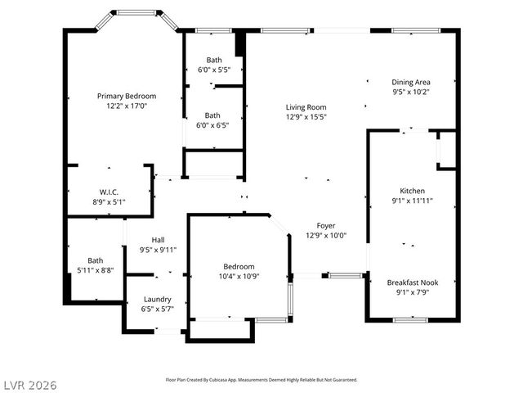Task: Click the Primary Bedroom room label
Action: [x=127, y=96]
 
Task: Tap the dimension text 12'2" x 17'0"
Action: [x=127, y=106]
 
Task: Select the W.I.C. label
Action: [x=109, y=192]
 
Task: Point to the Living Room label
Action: [x=306, y=107]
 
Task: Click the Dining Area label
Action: [x=411, y=82]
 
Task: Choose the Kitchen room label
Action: [x=412, y=190]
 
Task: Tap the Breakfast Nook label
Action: [x=412, y=282]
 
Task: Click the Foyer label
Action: [x=326, y=225]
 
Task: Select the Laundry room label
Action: [x=157, y=299]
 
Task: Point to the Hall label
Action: [x=158, y=240]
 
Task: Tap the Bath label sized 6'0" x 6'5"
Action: [x=212, y=115]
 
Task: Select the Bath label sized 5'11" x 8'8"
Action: [x=96, y=260]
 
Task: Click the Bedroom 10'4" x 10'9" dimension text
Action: [x=239, y=277]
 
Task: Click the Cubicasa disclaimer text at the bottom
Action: [x=261, y=380]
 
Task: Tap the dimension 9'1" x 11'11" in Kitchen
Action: [x=412, y=201]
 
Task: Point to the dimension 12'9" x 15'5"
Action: [x=306, y=118]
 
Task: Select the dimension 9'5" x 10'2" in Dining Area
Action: [x=411, y=93]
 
